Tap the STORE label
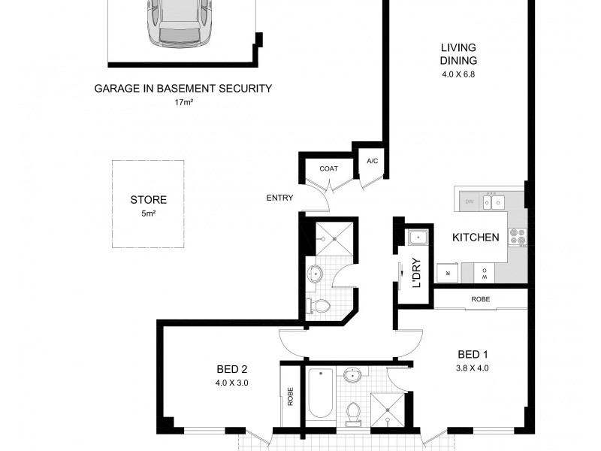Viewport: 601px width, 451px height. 148,200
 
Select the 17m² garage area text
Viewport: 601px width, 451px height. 183,101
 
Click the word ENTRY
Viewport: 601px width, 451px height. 279,198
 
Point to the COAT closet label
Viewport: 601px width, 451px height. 328,168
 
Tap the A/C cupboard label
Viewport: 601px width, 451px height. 372,162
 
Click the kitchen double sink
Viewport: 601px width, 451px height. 493,201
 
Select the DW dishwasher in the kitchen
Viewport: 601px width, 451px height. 469,201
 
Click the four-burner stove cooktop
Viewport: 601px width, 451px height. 517,237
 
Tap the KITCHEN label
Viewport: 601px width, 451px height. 476,238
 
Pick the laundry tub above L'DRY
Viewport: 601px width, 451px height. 417,238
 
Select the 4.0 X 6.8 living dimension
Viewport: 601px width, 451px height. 459,74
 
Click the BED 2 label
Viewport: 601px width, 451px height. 232,369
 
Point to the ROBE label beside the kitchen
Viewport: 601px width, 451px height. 481,298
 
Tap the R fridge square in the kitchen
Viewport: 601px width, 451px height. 448,272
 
